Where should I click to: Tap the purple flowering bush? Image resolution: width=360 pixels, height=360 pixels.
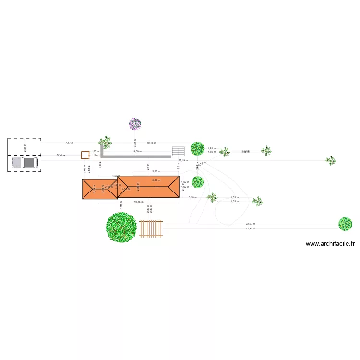coord(135,124)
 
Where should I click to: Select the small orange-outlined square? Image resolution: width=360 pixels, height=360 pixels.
coord(85,155)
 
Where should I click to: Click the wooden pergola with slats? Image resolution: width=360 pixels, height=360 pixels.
coord(151,228)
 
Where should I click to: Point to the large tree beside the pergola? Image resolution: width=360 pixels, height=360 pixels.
coord(121,228)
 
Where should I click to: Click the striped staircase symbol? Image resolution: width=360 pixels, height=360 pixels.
coord(178,151)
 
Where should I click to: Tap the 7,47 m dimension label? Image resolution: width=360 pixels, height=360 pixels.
coord(69,143)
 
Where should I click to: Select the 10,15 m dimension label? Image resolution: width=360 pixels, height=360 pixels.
coord(151,143)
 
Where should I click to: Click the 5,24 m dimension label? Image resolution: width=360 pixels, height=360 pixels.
coord(60,155)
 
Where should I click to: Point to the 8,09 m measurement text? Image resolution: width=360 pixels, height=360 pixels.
coord(137,152)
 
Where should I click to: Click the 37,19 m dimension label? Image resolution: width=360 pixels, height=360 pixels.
coord(182,160)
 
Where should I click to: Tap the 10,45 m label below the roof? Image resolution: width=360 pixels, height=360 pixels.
coord(139,202)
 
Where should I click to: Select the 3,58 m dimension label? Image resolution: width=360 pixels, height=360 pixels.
coord(192,197)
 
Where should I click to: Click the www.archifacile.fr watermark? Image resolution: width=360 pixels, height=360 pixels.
coord(330,244)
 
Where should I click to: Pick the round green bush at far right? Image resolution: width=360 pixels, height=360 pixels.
coord(345,224)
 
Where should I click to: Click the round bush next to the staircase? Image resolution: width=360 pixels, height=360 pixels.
coord(197,148)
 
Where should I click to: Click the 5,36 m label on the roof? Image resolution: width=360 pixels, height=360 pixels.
coord(156,180)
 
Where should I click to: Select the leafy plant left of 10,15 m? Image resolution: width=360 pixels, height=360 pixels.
coord(105,142)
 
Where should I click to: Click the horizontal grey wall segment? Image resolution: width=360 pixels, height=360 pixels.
coord(137,156)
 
